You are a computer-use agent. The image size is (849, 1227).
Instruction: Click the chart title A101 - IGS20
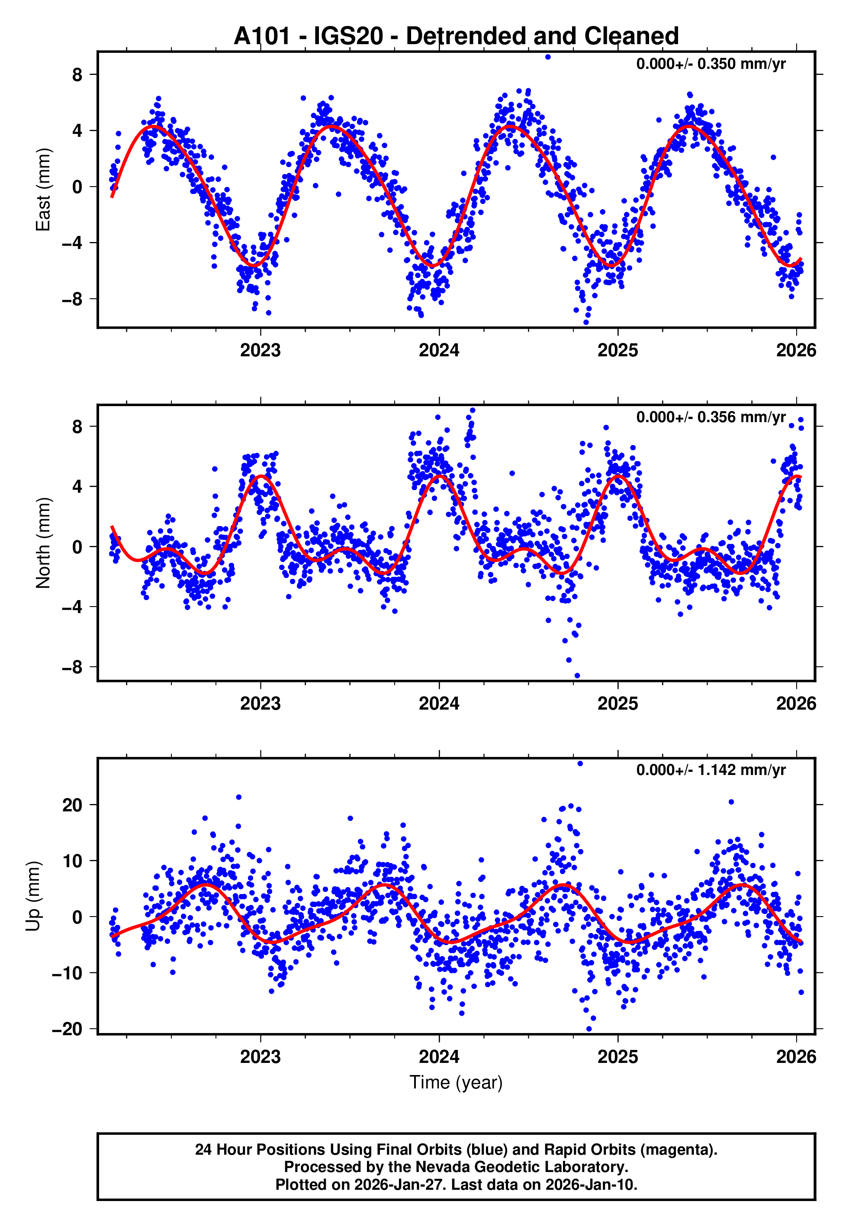tap(456, 36)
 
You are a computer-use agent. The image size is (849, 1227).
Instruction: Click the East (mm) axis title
tap(42, 190)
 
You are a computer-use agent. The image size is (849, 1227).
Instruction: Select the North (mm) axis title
tap(42, 543)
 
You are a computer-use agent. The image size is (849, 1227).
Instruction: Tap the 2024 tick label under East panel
tap(439, 350)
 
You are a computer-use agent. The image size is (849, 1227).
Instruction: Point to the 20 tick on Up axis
tap(72, 805)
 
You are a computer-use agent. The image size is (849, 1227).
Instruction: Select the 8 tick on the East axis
tap(77, 74)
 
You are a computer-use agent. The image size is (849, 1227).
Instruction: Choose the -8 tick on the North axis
tap(72, 667)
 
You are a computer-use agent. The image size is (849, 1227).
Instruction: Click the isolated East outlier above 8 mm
tap(548, 57)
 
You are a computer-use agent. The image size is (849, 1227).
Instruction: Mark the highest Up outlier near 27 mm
tap(580, 764)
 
